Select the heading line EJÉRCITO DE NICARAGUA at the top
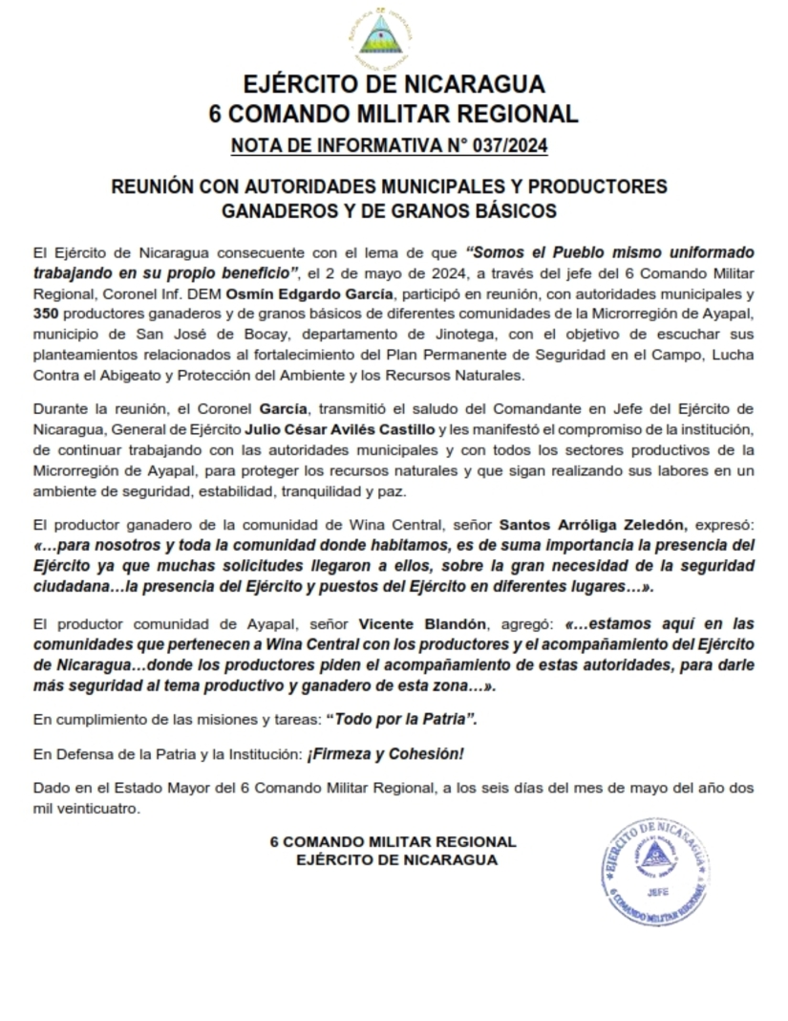tap(394, 83)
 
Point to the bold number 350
tap(45, 315)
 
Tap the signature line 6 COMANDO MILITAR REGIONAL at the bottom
tap(393, 842)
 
